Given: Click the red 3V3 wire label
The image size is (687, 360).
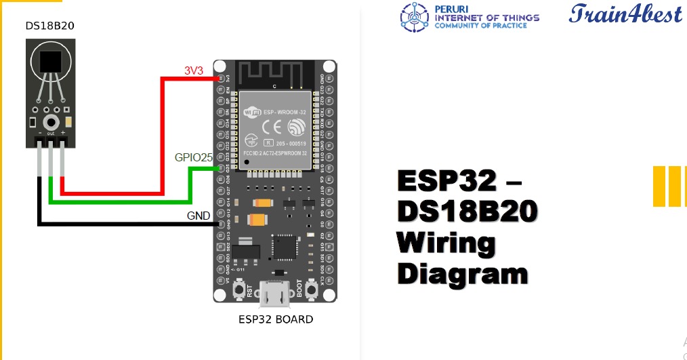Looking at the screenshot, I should (194, 71).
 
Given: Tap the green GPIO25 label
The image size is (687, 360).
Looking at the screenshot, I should (194, 157).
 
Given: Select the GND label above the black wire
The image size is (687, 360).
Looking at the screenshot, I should (199, 216).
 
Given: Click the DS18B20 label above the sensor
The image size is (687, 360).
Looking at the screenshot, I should (50, 26).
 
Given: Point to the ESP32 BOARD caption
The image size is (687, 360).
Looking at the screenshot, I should (276, 319).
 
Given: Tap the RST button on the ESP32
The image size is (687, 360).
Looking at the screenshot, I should (239, 290).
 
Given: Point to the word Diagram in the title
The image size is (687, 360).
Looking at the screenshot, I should (463, 274).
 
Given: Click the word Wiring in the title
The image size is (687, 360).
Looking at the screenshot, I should (446, 243).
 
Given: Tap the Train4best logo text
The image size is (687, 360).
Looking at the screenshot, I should (625, 14).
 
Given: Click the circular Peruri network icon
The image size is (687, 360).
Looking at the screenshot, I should (415, 17).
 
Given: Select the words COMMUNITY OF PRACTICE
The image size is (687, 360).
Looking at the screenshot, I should (480, 26).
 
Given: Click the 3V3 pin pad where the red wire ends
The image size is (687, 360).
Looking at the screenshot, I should (220, 79).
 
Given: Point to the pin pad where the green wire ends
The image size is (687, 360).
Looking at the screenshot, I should (220, 169).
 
